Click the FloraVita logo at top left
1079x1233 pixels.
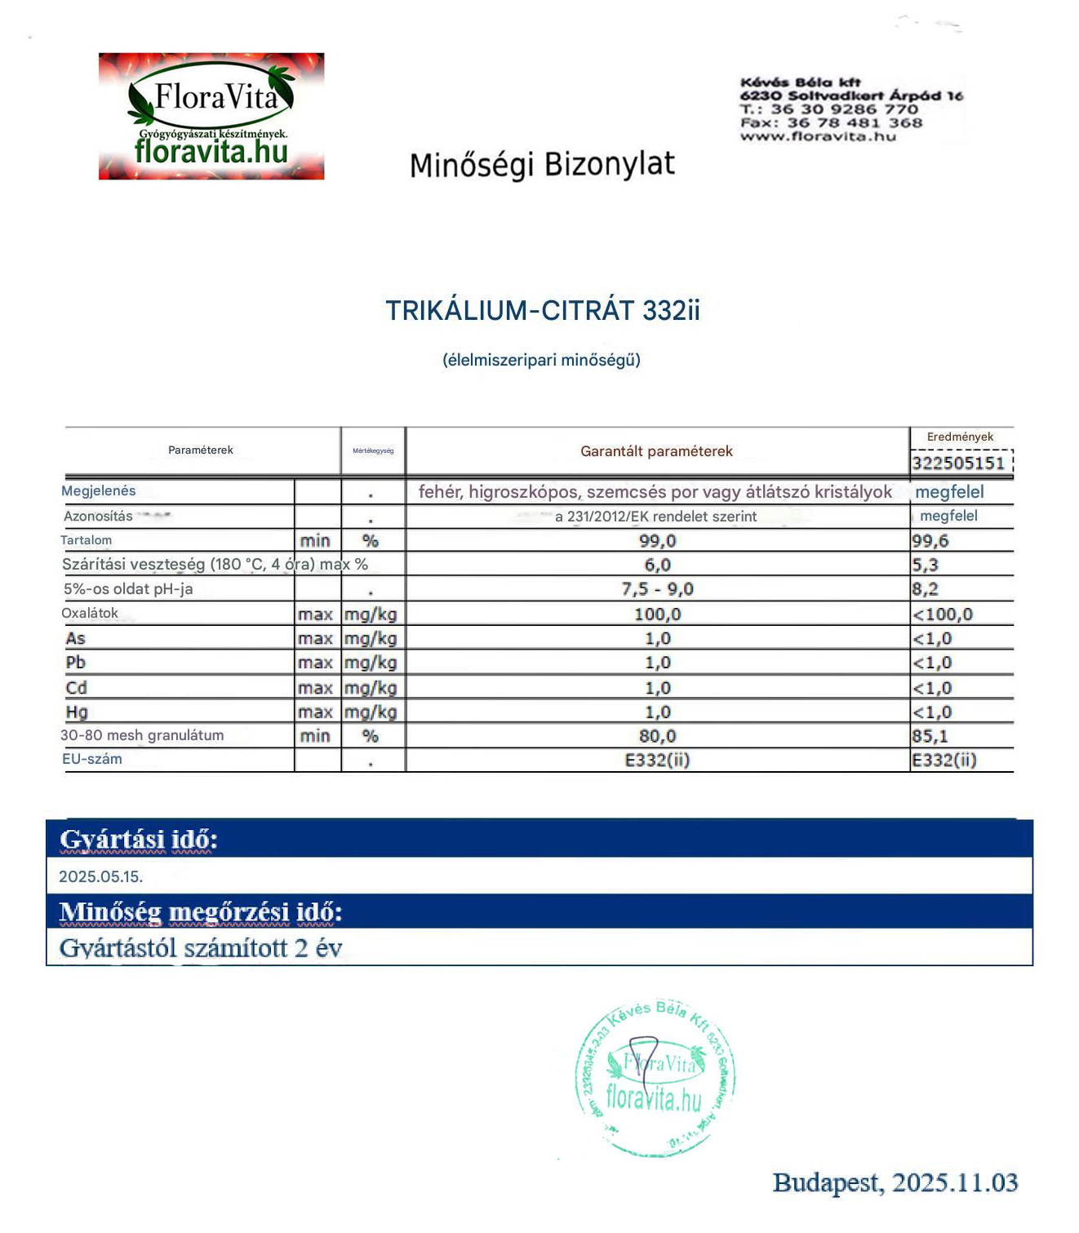[211, 116]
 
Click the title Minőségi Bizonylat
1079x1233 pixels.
[542, 165]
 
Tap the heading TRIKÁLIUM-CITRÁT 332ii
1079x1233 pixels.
[543, 311]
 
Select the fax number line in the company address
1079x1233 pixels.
[831, 123]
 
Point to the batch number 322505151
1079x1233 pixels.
[958, 463]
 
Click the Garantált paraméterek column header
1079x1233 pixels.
[656, 451]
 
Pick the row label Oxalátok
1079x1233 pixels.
[90, 614]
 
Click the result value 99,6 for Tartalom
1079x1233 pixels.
[930, 541]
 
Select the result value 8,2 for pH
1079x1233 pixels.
[926, 589]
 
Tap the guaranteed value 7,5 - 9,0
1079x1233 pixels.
[657, 589]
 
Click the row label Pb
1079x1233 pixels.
[76, 663]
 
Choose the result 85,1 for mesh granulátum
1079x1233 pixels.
[930, 736]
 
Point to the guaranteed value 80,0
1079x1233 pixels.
[657, 736]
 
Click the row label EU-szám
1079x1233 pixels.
[92, 760]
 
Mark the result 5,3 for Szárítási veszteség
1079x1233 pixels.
[926, 565]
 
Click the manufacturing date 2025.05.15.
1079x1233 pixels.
[101, 877]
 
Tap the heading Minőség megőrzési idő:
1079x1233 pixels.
[201, 912]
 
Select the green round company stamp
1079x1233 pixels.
[655, 1077]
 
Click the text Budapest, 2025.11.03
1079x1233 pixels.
[895, 1183]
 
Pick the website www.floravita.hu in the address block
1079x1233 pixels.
[818, 136]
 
